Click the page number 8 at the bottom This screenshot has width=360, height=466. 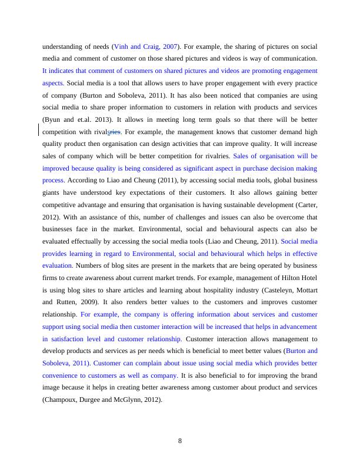[x=180, y=442]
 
